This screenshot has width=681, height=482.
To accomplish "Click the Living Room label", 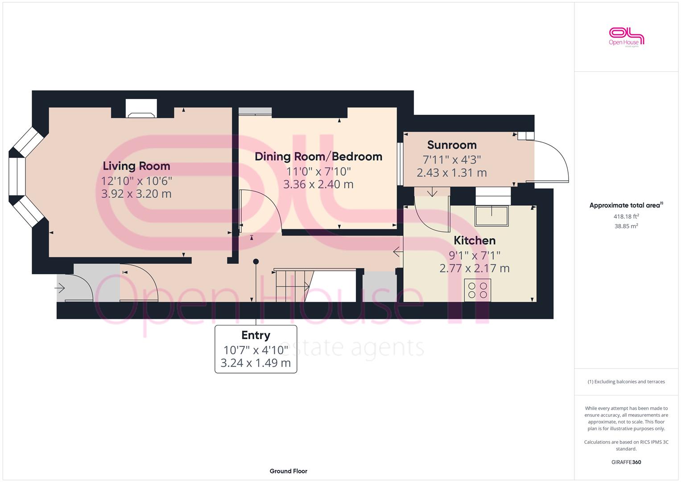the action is click(x=136, y=166).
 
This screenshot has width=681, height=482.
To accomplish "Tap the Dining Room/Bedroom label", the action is click(x=318, y=157).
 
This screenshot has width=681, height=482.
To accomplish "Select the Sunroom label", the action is click(x=452, y=145).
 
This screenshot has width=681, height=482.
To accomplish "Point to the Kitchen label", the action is click(x=474, y=241).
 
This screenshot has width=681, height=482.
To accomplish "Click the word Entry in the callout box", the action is click(x=256, y=335).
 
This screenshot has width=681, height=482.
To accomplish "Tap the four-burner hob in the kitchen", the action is click(x=477, y=290).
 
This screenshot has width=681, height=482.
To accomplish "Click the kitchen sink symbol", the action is click(x=491, y=216).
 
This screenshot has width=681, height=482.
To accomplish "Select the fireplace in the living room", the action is click(x=141, y=108).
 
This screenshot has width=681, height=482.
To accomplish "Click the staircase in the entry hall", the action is click(x=294, y=286).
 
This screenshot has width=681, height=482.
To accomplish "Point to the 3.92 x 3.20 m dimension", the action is click(x=136, y=194).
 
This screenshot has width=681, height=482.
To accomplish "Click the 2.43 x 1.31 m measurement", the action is click(x=451, y=173).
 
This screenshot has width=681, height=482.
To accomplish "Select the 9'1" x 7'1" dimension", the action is click(x=474, y=255).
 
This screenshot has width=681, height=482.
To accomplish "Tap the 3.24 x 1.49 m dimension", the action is click(x=256, y=363).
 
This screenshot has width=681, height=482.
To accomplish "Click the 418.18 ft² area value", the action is click(x=626, y=216).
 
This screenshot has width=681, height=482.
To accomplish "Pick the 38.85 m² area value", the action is click(x=626, y=226).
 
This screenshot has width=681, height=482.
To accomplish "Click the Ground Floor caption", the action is click(x=288, y=471).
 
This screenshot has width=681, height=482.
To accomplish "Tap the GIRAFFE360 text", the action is click(x=626, y=462).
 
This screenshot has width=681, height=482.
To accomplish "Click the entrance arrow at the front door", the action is click(x=60, y=287).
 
